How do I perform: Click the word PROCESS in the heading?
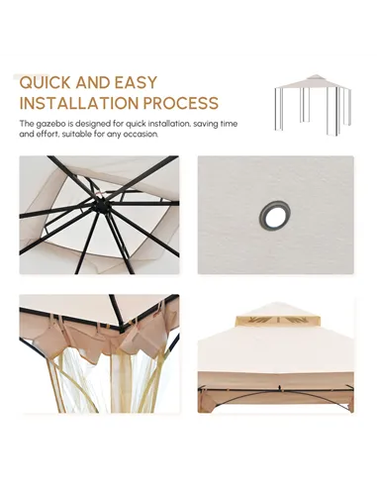[181, 103]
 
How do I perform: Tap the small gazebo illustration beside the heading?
[313, 105]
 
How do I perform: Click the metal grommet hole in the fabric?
[275, 215]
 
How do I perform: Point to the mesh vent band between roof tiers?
[277, 320]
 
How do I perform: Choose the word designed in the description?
[93, 125]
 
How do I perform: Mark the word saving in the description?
[205, 125]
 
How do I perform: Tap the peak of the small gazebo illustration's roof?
[316, 75]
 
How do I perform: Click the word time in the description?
[229, 124]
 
